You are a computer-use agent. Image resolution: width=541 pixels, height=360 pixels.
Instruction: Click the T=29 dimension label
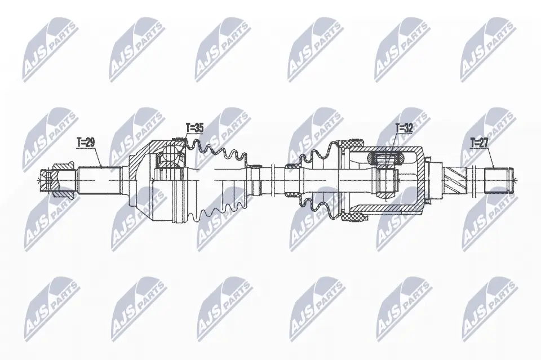[x=85, y=142]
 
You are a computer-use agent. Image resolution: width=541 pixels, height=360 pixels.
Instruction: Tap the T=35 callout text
[x=194, y=127]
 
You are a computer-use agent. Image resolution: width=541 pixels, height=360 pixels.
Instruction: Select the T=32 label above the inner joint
[x=404, y=128]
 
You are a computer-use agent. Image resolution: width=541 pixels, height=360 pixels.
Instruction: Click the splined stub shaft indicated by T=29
[x=99, y=180]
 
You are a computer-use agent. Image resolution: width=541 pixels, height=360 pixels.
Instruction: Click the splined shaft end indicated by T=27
[x=497, y=180]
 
